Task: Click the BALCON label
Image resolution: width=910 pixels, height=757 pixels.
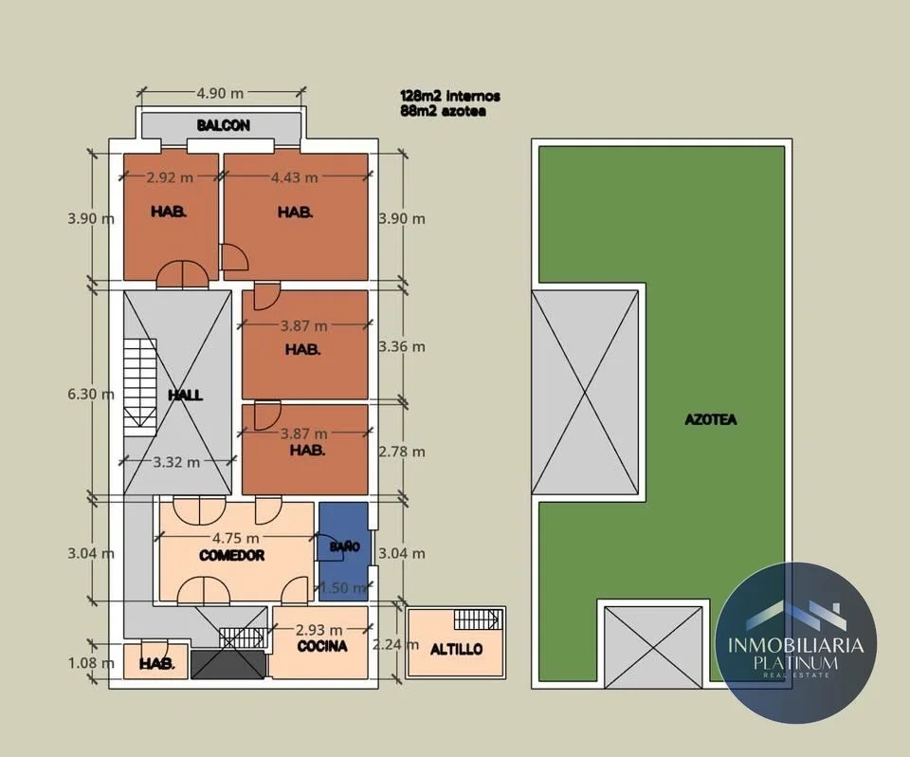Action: click(223, 125)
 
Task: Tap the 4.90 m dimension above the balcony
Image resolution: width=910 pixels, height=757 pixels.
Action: click(220, 93)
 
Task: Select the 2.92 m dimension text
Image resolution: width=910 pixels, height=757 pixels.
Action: click(170, 177)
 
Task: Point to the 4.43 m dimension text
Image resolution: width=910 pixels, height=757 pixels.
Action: click(294, 177)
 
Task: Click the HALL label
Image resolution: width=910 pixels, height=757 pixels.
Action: click(185, 395)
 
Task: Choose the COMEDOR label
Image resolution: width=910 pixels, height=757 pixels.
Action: click(231, 556)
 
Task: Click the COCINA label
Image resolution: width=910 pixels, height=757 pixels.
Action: click(322, 646)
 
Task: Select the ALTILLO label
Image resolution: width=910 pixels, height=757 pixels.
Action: click(456, 649)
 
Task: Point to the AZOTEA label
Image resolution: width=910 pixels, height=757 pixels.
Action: click(710, 419)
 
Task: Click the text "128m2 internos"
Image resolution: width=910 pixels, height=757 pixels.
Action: click(449, 96)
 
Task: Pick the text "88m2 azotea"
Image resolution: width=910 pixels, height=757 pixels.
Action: click(443, 111)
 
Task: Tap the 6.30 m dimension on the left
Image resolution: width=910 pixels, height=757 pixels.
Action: click(91, 394)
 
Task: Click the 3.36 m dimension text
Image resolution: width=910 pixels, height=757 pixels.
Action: click(402, 347)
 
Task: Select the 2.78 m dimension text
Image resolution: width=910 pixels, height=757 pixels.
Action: click(402, 452)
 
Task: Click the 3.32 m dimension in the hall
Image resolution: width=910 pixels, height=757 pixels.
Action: click(176, 462)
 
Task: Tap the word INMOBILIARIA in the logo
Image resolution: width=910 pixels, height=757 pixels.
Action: click(795, 645)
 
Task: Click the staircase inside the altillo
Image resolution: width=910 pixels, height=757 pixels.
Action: click(477, 619)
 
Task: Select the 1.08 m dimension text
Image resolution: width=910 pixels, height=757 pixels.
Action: click(91, 663)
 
